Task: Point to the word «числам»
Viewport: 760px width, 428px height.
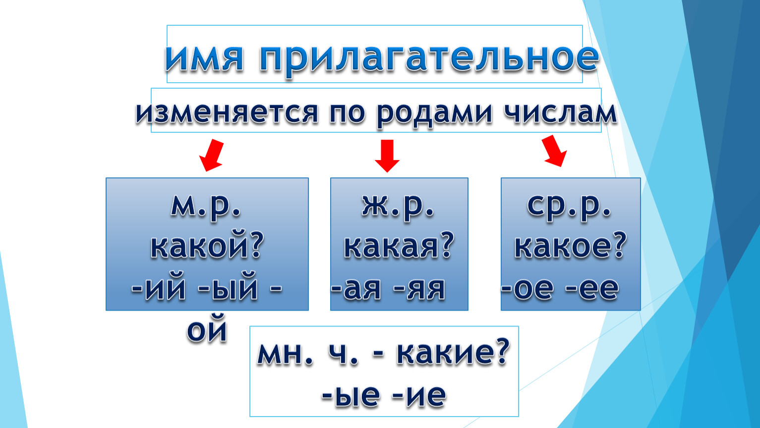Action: [560, 113]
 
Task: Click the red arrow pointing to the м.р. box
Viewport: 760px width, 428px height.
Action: [212, 155]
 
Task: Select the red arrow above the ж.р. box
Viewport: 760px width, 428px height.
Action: [387, 156]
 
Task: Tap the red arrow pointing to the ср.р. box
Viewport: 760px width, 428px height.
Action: [554, 151]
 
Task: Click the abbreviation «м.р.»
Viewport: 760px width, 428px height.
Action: [206, 207]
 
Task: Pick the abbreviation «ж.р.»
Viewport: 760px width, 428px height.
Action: [398, 207]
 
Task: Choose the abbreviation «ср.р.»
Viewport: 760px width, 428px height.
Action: [569, 207]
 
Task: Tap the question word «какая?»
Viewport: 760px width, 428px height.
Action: [399, 246]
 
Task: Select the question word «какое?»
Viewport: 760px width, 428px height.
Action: [570, 246]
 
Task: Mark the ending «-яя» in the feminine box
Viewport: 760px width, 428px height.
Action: [419, 289]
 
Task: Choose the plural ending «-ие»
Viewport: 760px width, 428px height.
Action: [418, 395]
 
